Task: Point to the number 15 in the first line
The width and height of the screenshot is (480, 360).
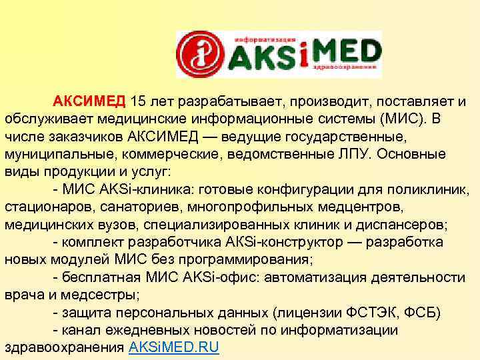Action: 139,101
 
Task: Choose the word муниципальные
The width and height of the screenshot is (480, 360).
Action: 51,154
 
